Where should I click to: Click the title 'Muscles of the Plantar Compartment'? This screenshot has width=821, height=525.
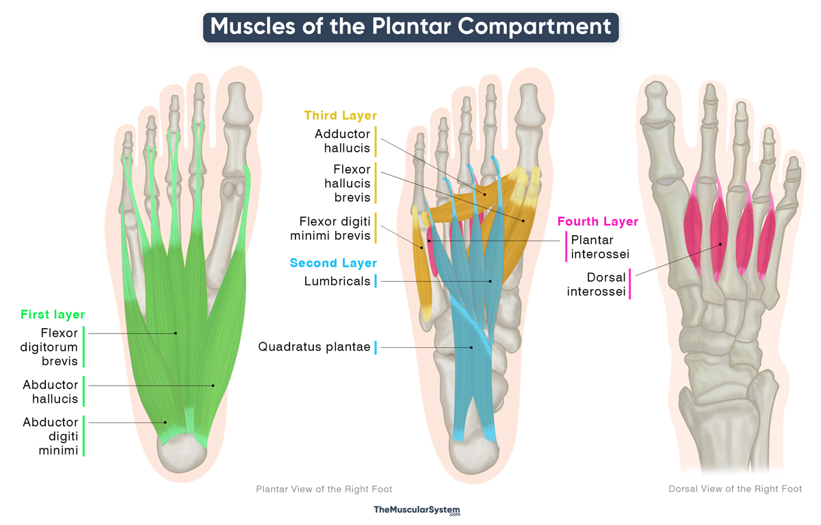pos(410,27)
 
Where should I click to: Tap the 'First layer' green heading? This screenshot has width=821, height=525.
pos(53,314)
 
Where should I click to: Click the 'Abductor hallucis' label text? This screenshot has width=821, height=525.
pos(51,392)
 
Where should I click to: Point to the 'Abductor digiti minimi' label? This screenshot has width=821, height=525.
pos(51,436)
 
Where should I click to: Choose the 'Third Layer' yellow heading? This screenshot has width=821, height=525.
pos(341,116)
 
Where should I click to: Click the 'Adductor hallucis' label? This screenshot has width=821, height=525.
pos(342,141)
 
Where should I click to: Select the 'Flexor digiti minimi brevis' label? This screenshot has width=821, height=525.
pos(335,228)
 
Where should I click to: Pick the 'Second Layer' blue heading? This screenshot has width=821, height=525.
pos(333,263)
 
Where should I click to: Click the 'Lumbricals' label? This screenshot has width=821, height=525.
pos(337,281)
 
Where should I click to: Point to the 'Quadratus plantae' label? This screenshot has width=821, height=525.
pos(314,347)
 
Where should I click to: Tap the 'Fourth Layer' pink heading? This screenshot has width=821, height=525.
pos(598,221)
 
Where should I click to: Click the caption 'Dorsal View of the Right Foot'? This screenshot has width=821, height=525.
pos(735,489)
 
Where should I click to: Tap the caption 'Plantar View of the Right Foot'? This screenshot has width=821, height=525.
pos(324,489)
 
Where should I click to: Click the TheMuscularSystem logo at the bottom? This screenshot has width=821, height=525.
pos(417,510)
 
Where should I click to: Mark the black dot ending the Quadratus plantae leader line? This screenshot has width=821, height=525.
pos(471,347)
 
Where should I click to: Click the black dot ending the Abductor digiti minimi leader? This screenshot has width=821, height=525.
pos(166,422)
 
